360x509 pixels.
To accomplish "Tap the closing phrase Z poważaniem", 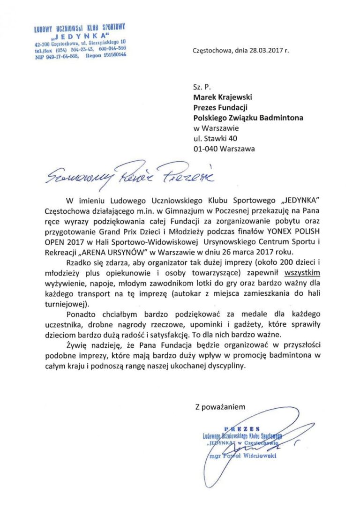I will (x=220, y=407).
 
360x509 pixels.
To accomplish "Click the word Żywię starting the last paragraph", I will (x=77, y=345).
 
